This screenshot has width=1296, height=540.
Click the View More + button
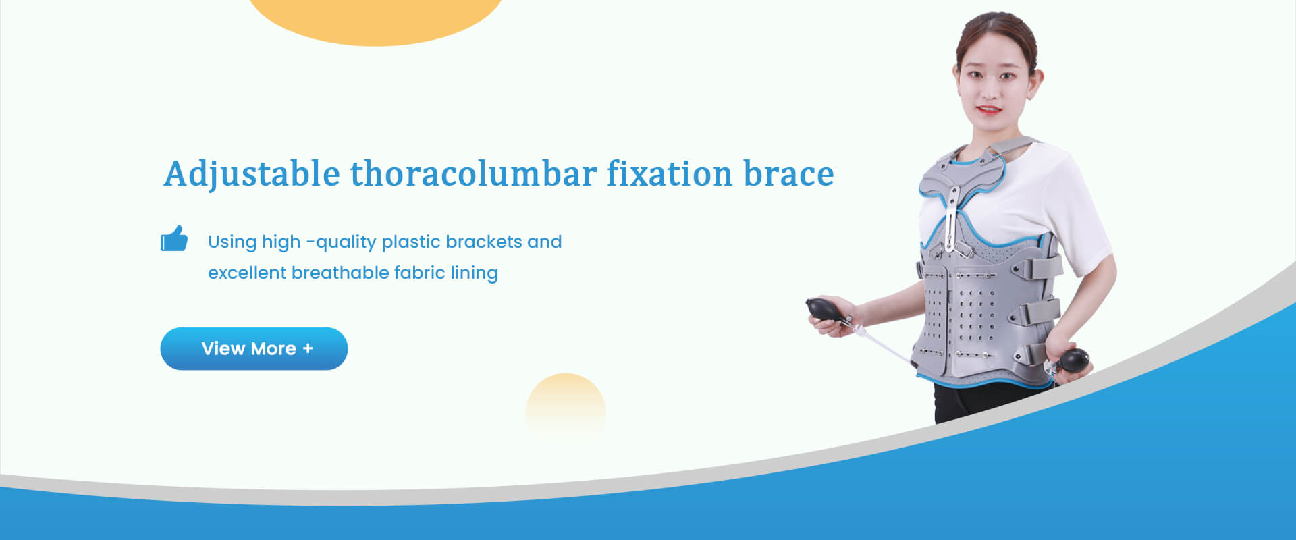[x=254, y=348]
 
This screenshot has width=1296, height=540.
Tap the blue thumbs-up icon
[x=174, y=238]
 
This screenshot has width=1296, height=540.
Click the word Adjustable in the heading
[x=252, y=175]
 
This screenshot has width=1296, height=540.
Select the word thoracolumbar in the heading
[x=473, y=173]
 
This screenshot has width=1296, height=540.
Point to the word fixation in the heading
[x=670, y=173]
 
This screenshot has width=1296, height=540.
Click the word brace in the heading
[x=788, y=173]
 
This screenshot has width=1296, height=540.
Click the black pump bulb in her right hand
[x=825, y=309]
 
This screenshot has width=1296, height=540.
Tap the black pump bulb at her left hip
[x=1073, y=359]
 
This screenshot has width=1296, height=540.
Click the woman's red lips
[x=989, y=109]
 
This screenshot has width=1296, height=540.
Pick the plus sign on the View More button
[x=308, y=348]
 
